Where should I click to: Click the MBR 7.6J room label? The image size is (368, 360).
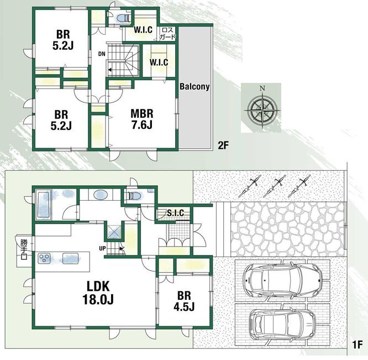tap(142, 119)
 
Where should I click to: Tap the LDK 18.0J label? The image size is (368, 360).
tap(98, 293)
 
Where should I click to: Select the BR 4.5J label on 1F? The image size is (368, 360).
tap(184, 301)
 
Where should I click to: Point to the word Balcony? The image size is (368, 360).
tap(194, 87)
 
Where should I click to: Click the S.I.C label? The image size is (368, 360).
tap(176, 213)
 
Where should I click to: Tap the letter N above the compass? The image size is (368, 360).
tap(262, 88)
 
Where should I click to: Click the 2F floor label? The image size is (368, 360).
tap(223, 145)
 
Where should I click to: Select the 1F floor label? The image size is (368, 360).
tap(358, 345)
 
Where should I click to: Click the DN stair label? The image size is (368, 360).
tap(102, 54)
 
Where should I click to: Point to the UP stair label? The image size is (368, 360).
tap(102, 248)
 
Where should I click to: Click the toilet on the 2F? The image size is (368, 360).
tap(123, 18)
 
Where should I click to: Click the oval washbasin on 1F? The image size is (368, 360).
tap(101, 195)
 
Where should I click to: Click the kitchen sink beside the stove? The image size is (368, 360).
tap(70, 258)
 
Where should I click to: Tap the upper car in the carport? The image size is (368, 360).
tap(282, 280)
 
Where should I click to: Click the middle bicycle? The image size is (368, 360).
tap(275, 185)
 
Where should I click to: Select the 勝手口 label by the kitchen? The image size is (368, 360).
tap(24, 249)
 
